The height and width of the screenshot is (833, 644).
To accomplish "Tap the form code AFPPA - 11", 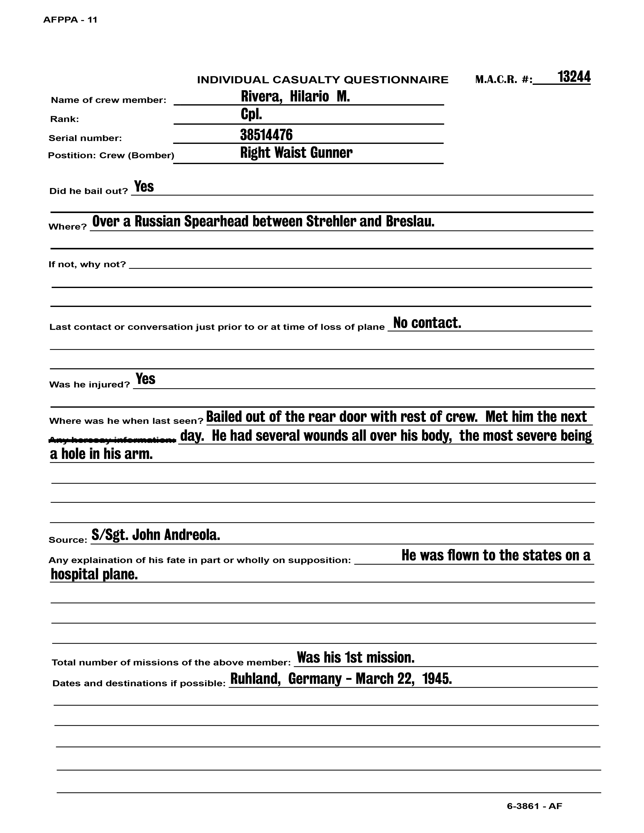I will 70,20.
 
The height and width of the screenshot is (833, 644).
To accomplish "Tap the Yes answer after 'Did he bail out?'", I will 144,187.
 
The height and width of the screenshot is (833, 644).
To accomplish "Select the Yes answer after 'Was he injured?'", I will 145,379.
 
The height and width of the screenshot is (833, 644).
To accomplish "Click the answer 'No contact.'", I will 427,323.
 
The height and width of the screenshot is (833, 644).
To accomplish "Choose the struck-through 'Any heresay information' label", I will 113,440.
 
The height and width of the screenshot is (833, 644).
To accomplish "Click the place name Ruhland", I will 255,679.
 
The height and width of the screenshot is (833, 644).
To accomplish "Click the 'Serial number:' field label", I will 85,138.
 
